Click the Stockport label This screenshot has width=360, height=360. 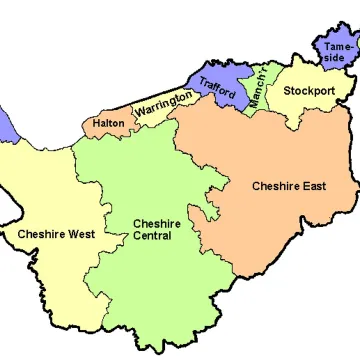(309, 91)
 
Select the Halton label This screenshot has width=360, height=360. (107, 124)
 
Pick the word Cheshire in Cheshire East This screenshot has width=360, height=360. (277, 186)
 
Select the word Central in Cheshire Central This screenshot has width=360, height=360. (152, 236)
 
